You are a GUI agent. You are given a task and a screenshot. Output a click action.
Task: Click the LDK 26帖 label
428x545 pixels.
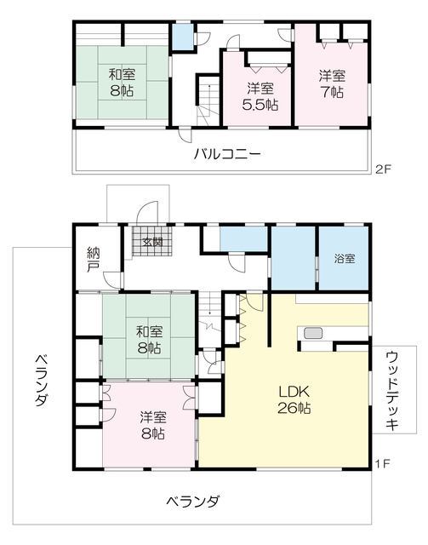294,399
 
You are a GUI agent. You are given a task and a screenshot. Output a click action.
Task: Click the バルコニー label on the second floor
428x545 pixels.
226,154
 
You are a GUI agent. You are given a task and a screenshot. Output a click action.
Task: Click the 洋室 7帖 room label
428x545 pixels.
332,83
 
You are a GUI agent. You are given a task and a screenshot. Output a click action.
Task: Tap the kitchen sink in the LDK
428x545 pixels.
311,333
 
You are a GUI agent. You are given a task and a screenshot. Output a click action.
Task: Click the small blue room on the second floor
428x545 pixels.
183,37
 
